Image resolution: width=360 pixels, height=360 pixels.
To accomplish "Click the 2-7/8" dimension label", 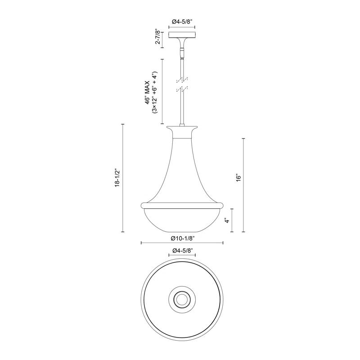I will pyautogui.click(x=157, y=37).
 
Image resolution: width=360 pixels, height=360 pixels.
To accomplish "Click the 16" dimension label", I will pyautogui.click(x=239, y=178).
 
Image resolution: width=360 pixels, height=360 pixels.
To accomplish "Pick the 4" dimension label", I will pyautogui.click(x=228, y=220).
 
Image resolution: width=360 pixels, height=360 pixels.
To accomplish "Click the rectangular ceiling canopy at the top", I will pyautogui.click(x=182, y=35).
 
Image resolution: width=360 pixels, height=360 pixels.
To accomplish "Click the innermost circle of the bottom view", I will pyautogui.click(x=182, y=297).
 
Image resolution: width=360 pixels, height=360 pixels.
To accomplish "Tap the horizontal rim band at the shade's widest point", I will pyautogui.click(x=182, y=205).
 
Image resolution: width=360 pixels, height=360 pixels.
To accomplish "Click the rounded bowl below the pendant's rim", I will pyautogui.click(x=182, y=220).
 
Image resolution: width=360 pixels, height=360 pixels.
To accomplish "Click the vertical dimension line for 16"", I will pyautogui.click(x=244, y=185).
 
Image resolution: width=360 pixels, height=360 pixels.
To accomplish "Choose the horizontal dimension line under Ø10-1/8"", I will pyautogui.click(x=182, y=243).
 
